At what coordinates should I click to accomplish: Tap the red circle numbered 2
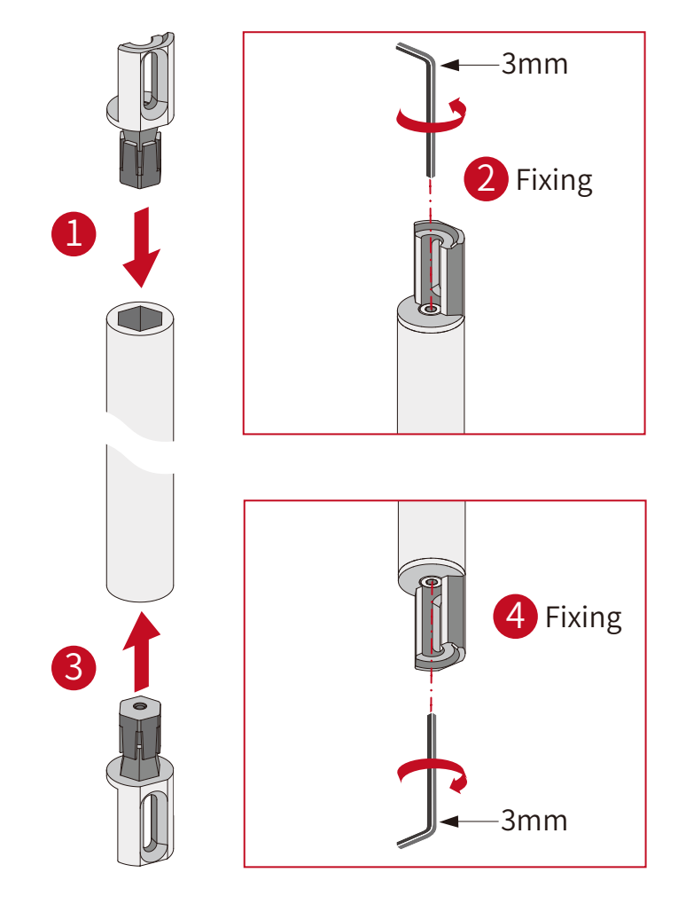coord(486,179)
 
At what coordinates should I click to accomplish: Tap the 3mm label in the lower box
coord(534,821)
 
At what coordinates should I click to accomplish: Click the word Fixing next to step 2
coord(554,180)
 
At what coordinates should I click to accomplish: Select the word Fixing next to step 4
coord(583,617)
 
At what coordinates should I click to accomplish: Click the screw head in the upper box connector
coord(431,309)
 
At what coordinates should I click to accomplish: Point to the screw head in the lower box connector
coord(431,582)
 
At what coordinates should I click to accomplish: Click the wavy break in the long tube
coord(140,441)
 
